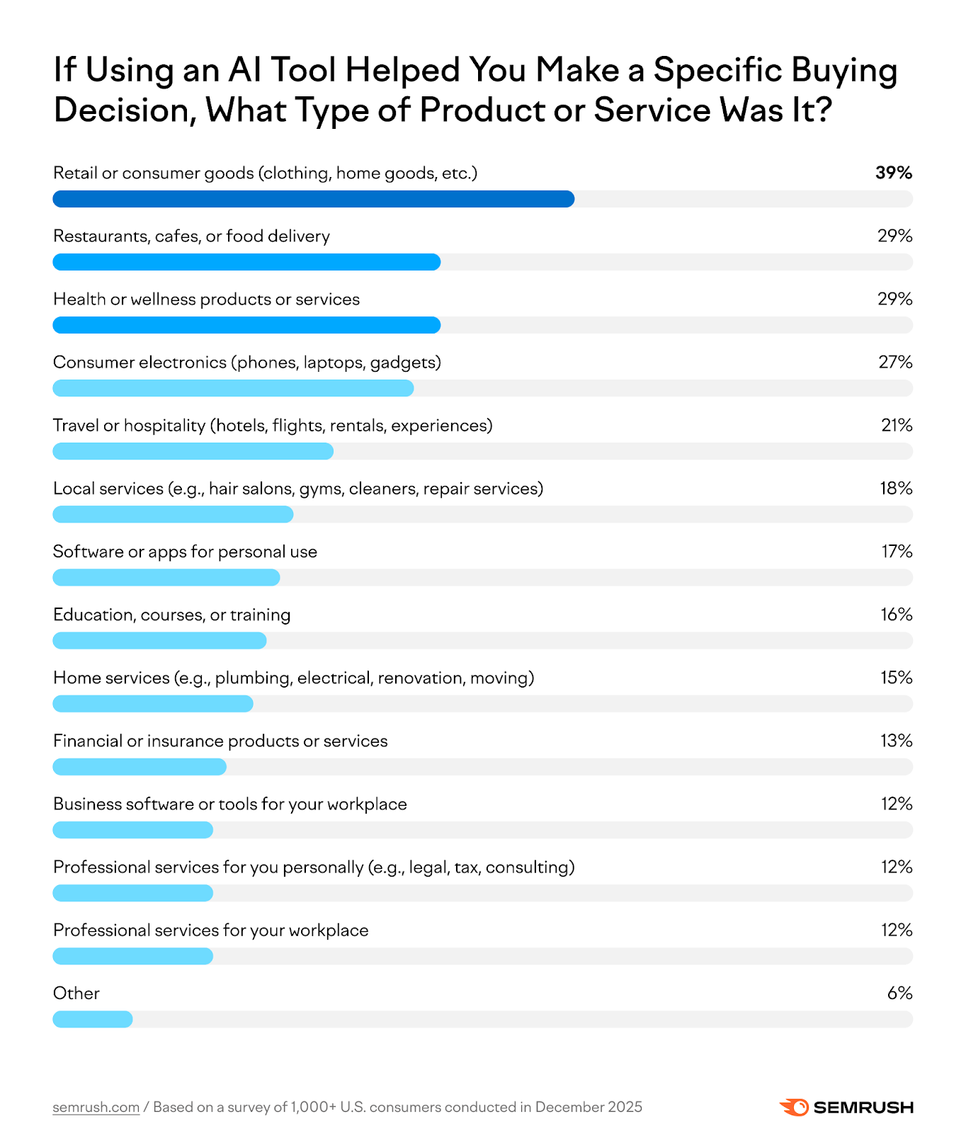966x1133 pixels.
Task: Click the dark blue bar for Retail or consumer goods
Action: coord(313,199)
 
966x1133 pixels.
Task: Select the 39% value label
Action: coord(893,173)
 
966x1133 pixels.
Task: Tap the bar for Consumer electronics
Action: coord(233,388)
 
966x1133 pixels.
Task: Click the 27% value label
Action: coord(895,362)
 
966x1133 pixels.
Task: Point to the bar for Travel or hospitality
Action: coord(193,451)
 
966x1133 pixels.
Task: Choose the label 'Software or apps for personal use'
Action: coord(185,552)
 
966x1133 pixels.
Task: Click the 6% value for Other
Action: coord(899,993)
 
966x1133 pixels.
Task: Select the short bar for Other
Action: coord(93,1019)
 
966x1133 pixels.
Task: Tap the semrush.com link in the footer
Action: coord(96,1107)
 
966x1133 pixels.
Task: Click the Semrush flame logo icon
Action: coord(794,1107)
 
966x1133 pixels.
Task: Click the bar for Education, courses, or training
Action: coord(159,641)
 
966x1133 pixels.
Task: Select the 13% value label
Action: coord(896,741)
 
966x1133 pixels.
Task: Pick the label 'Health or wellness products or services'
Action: coord(206,300)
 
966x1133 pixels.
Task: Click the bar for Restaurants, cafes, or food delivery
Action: coord(246,262)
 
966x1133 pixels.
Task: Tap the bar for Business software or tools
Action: coord(132,830)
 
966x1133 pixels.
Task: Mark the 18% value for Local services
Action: coord(896,489)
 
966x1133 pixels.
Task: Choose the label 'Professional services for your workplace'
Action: coord(210,930)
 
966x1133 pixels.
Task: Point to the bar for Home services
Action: coord(153,704)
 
